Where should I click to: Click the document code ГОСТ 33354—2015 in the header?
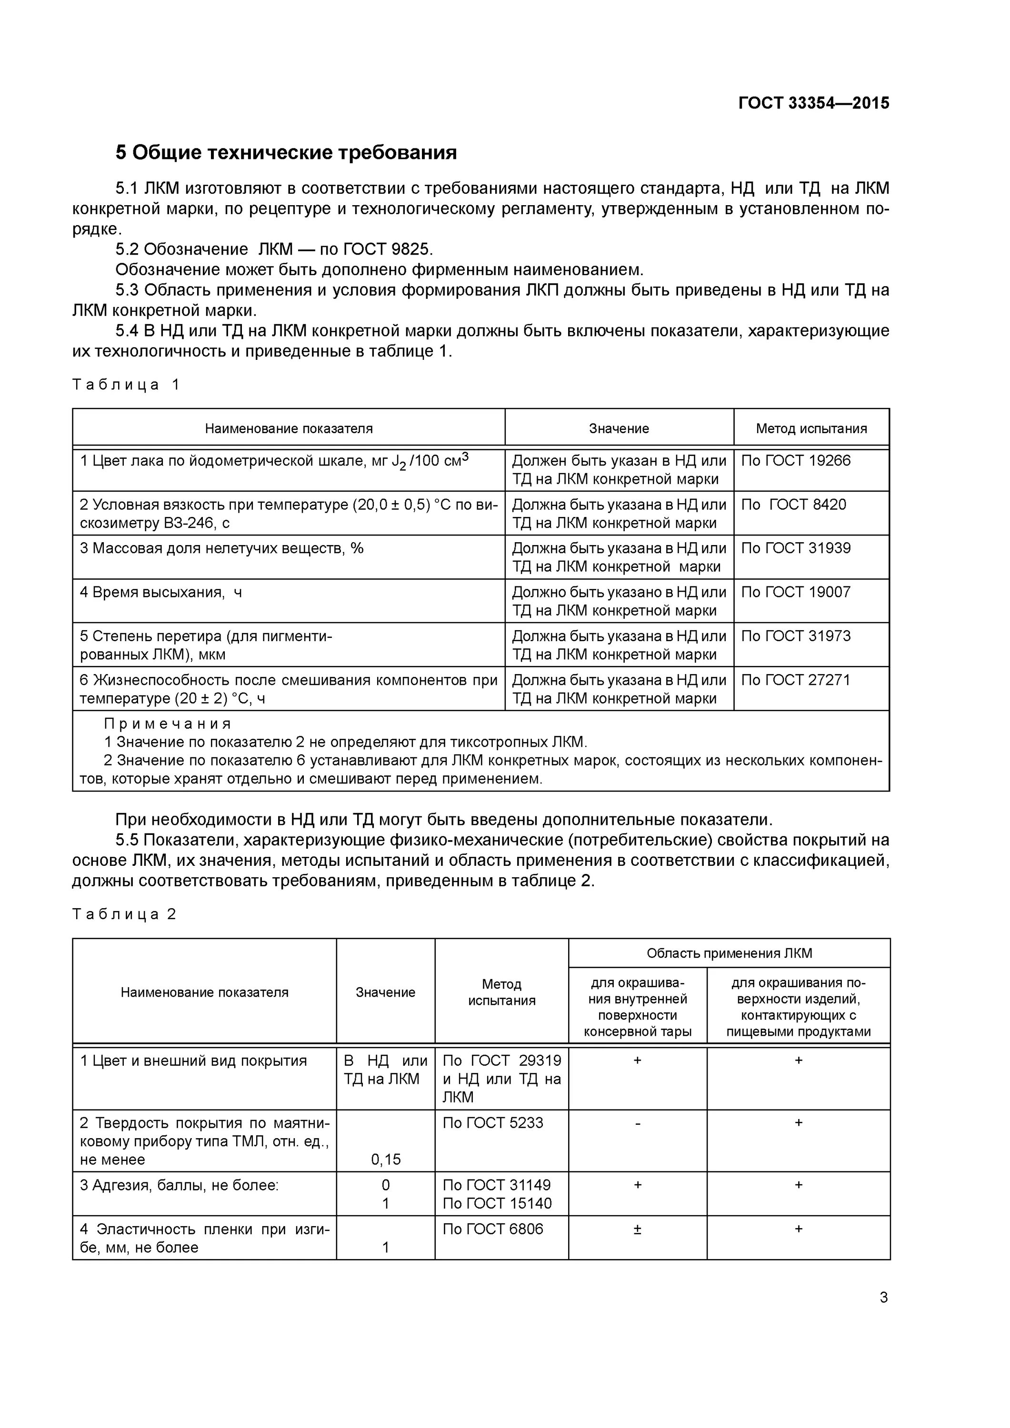pos(813,103)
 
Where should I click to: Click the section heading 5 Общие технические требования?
pos(286,152)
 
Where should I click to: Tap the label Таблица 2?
pos(124,913)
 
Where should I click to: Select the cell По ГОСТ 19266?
pos(795,461)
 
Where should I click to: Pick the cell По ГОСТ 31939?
pos(795,548)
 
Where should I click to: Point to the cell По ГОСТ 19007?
pos(795,592)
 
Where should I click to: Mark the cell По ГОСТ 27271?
pos(795,680)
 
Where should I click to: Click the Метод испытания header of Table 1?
pos(811,428)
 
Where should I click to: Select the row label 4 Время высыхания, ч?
pos(160,592)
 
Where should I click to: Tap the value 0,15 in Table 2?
pos(386,1160)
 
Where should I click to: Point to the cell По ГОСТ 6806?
pos(492,1229)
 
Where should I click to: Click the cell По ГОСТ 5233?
pos(492,1122)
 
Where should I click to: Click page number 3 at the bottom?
pos(883,1298)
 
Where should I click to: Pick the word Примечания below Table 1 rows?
pos(168,724)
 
